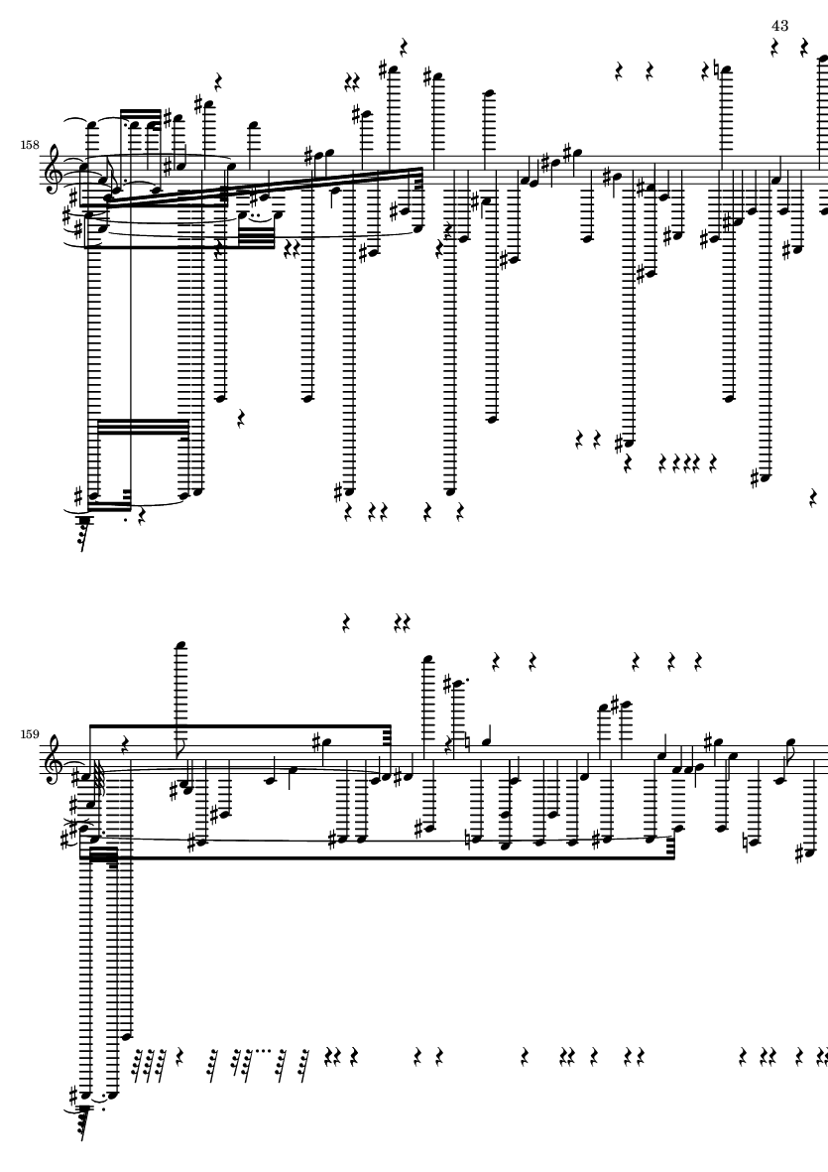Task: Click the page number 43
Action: (x=778, y=25)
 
